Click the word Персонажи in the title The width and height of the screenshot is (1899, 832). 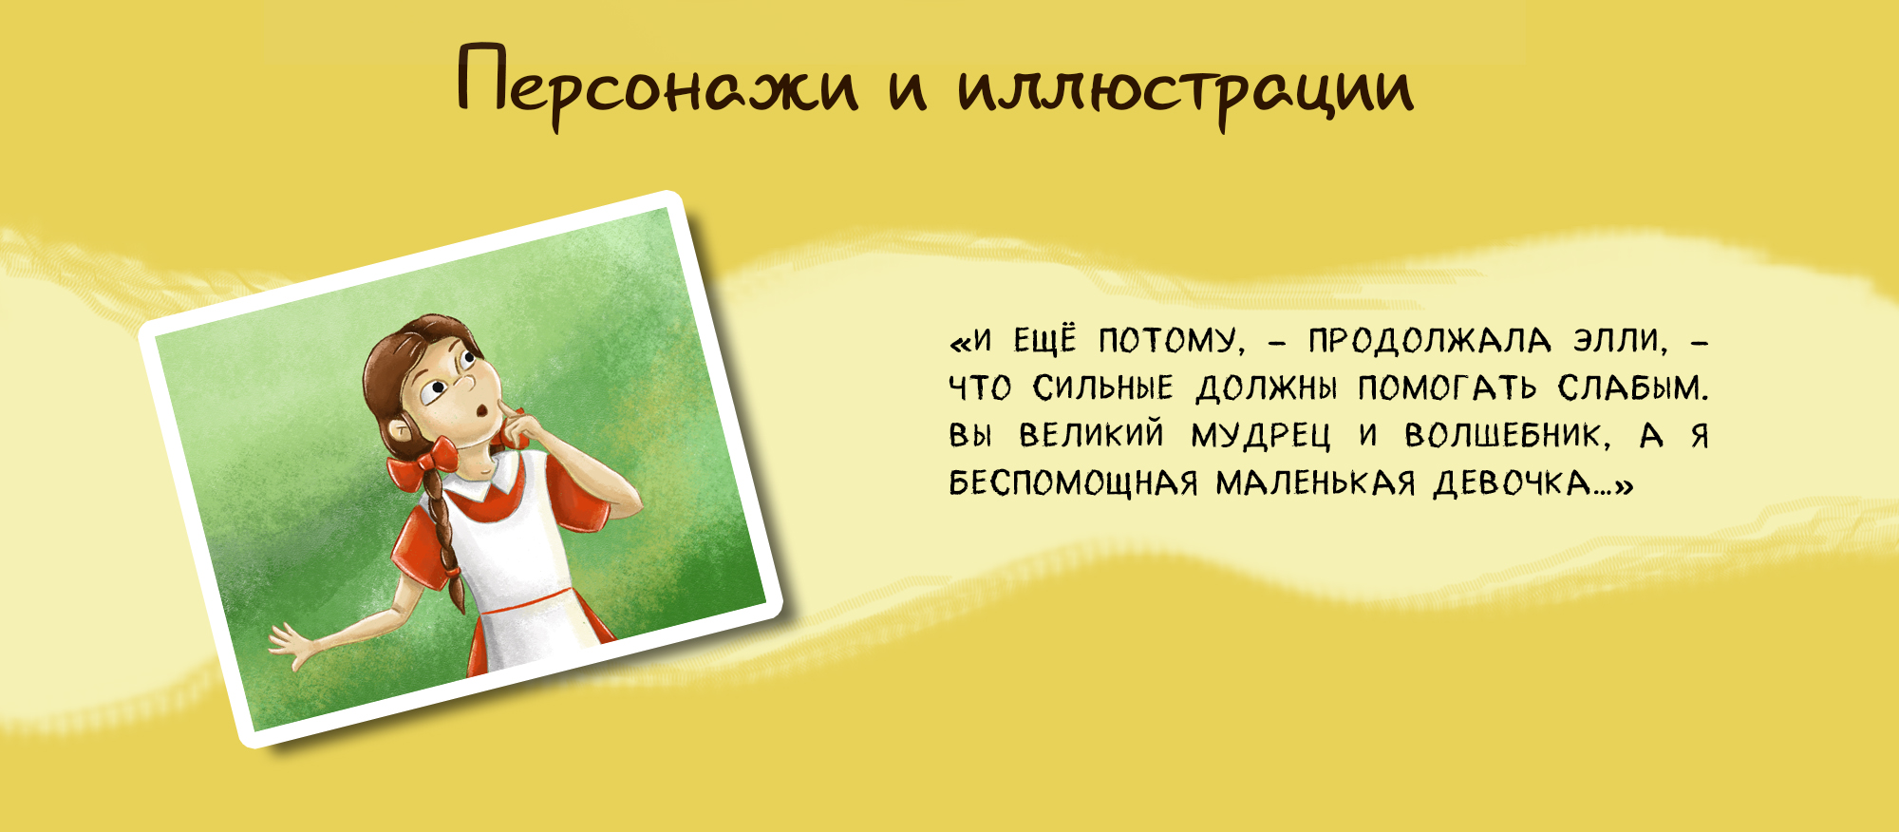click(x=658, y=84)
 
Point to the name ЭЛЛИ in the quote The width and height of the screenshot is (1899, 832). click(x=1620, y=341)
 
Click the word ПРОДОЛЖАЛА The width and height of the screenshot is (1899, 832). click(x=1429, y=341)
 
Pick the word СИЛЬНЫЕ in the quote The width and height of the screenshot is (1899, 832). click(x=1103, y=388)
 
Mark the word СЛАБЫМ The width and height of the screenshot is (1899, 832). click(x=1632, y=388)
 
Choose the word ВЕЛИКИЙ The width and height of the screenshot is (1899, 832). click(x=1091, y=436)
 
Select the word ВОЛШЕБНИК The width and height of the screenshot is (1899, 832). click(x=1508, y=436)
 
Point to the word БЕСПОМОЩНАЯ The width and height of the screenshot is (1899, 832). click(x=1073, y=483)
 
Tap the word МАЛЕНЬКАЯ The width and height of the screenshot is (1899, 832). click(x=1316, y=483)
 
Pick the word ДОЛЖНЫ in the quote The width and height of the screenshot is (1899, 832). click(x=1266, y=388)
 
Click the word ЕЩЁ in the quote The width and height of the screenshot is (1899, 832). click(x=1045, y=339)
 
